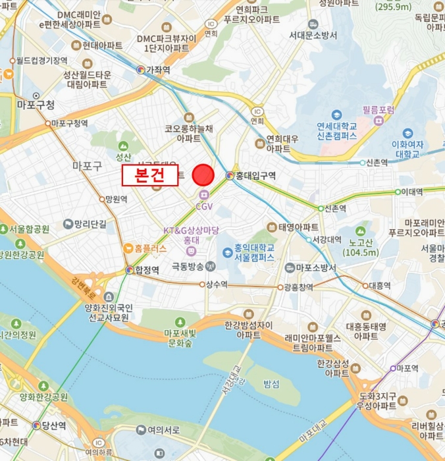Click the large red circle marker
click(x=203, y=175)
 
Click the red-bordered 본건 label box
click(x=149, y=175)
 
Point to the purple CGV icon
click(x=204, y=195)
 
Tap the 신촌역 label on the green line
click(x=336, y=208)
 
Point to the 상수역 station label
click(x=217, y=285)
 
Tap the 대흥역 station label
click(x=380, y=285)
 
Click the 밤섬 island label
click(x=271, y=383)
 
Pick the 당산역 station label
click(x=53, y=425)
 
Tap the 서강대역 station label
click(x=327, y=239)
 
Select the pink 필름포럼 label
click(x=379, y=110)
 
